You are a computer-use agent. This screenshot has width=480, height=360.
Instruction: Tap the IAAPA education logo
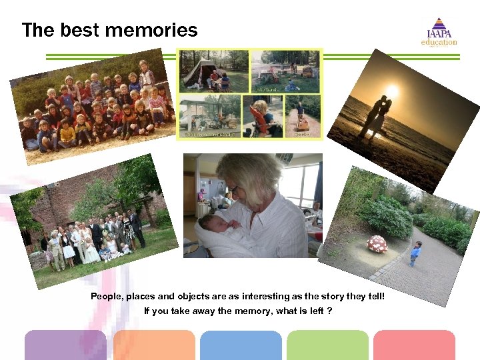click(x=439, y=33)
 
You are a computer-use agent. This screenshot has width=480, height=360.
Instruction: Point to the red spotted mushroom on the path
click(x=377, y=243)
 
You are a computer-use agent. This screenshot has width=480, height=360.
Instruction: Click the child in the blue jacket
click(x=415, y=253)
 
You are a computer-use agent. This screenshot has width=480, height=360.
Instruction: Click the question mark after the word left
click(x=330, y=311)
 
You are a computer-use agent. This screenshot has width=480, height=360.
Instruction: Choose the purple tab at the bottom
click(x=65, y=345)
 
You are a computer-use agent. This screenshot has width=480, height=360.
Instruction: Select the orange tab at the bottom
click(x=154, y=345)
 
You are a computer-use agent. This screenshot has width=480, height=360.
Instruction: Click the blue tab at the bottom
click(x=241, y=345)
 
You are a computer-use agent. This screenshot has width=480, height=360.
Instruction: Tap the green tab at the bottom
click(x=327, y=345)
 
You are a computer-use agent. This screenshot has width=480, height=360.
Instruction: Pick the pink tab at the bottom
click(x=414, y=345)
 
